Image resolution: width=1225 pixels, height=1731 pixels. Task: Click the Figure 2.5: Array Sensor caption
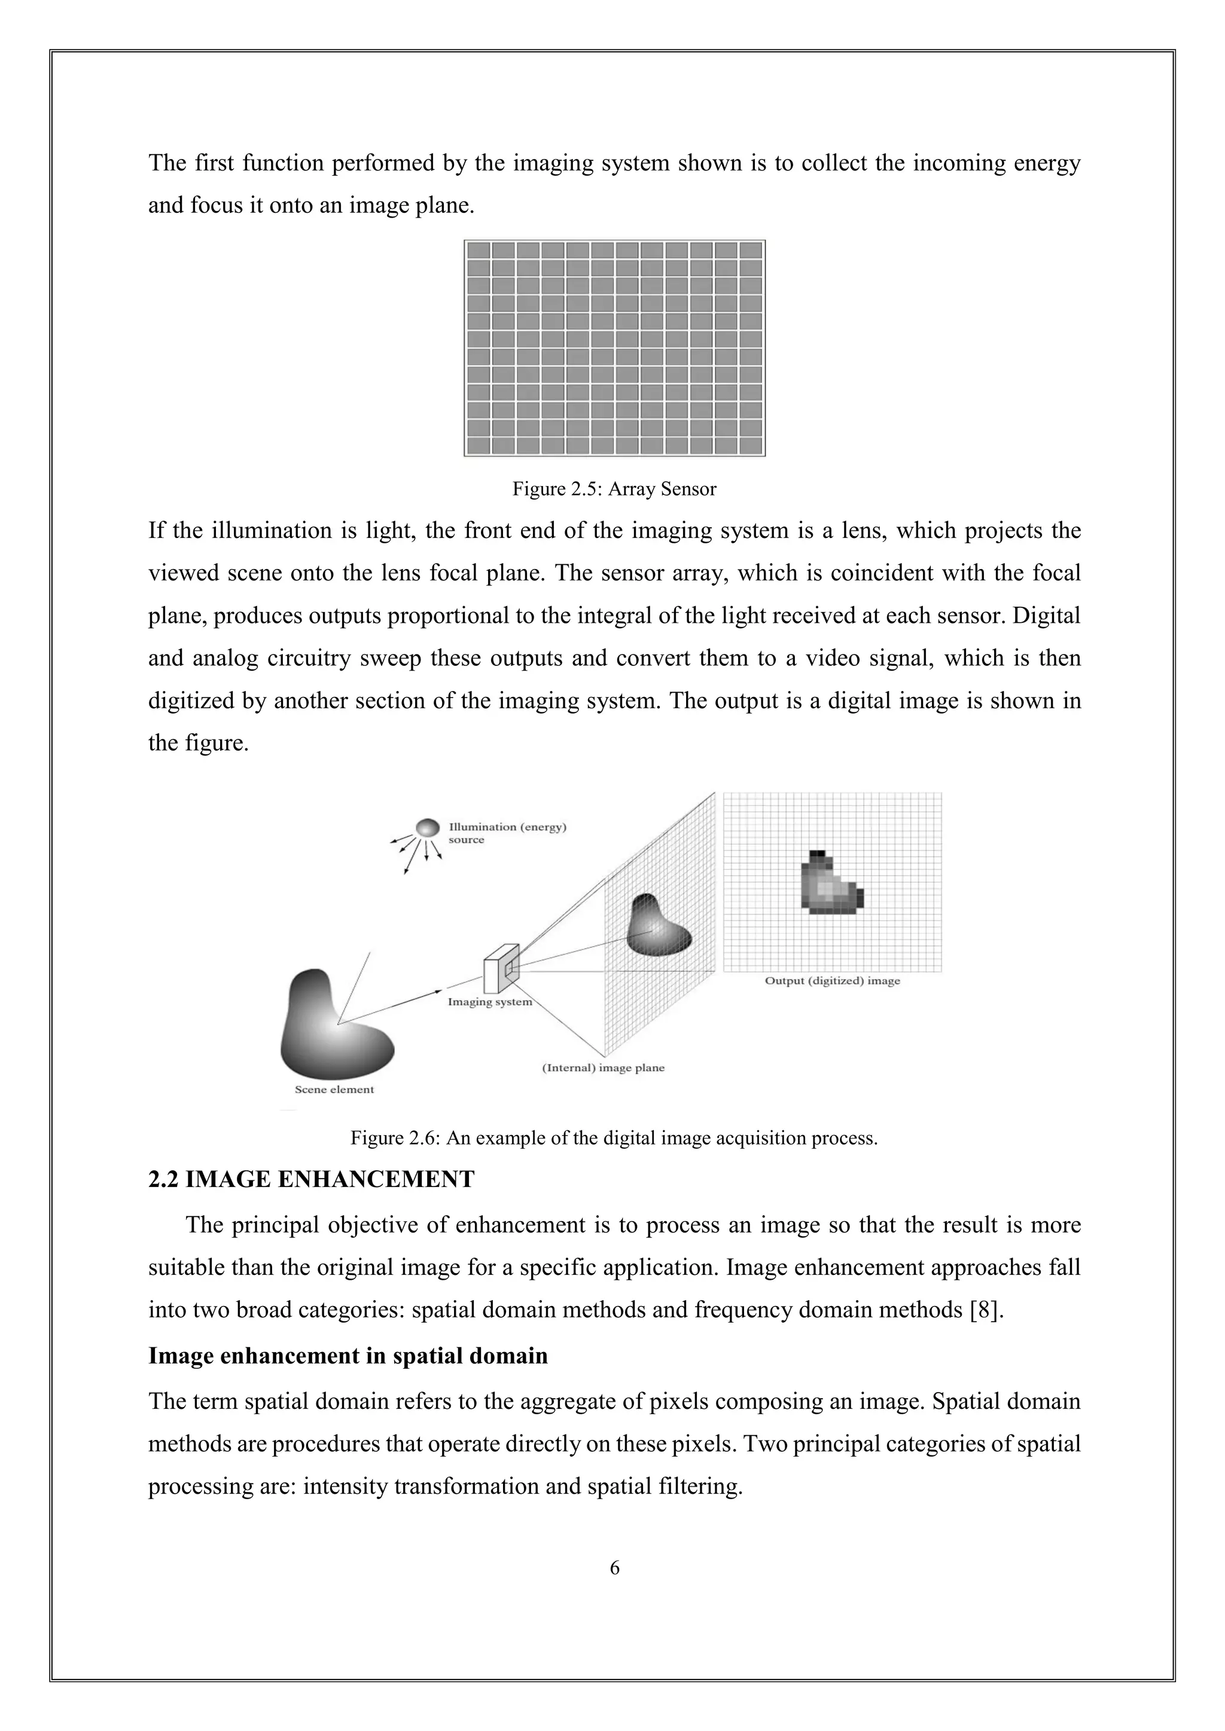point(614,490)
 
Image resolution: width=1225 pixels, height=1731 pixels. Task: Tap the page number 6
point(614,1567)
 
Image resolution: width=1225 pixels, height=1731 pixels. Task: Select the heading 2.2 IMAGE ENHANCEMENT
point(311,1179)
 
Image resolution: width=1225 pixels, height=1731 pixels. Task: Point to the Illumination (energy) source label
point(507,833)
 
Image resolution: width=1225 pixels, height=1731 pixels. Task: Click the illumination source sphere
point(428,828)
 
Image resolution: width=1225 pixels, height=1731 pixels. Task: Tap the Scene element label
point(334,1090)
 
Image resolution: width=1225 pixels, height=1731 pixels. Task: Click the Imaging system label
point(489,1002)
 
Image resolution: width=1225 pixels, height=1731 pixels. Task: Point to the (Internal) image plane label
point(604,1068)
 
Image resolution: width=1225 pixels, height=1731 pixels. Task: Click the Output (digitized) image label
point(832,981)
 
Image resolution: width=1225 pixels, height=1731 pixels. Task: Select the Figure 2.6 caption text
point(614,1137)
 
